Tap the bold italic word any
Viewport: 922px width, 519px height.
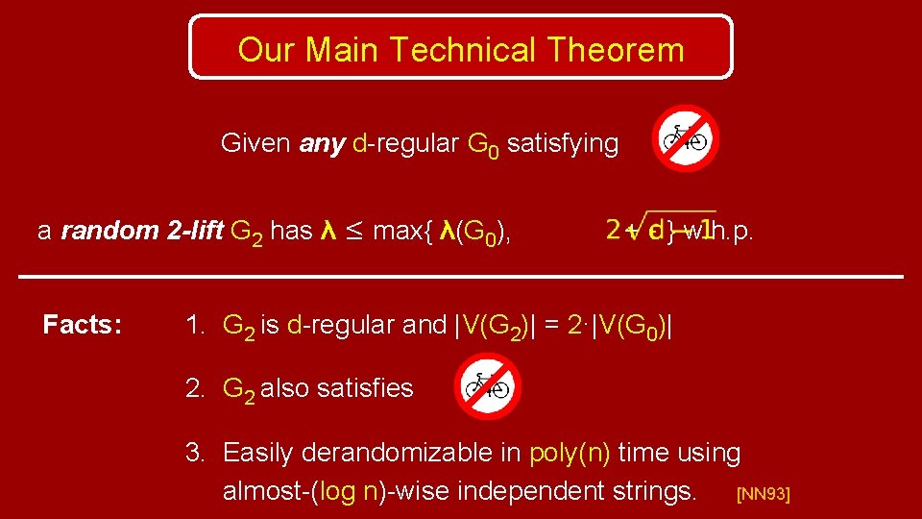coord(322,144)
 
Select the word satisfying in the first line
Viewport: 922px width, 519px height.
coord(562,144)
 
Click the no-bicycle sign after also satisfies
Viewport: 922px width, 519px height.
coord(487,386)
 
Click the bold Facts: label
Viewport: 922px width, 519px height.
coord(83,326)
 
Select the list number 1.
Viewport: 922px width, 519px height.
coord(196,326)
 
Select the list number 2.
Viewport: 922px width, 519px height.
coord(196,388)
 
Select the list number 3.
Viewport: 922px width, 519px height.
coord(196,452)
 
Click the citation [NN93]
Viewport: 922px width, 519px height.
coord(763,495)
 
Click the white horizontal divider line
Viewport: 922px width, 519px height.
coord(461,277)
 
